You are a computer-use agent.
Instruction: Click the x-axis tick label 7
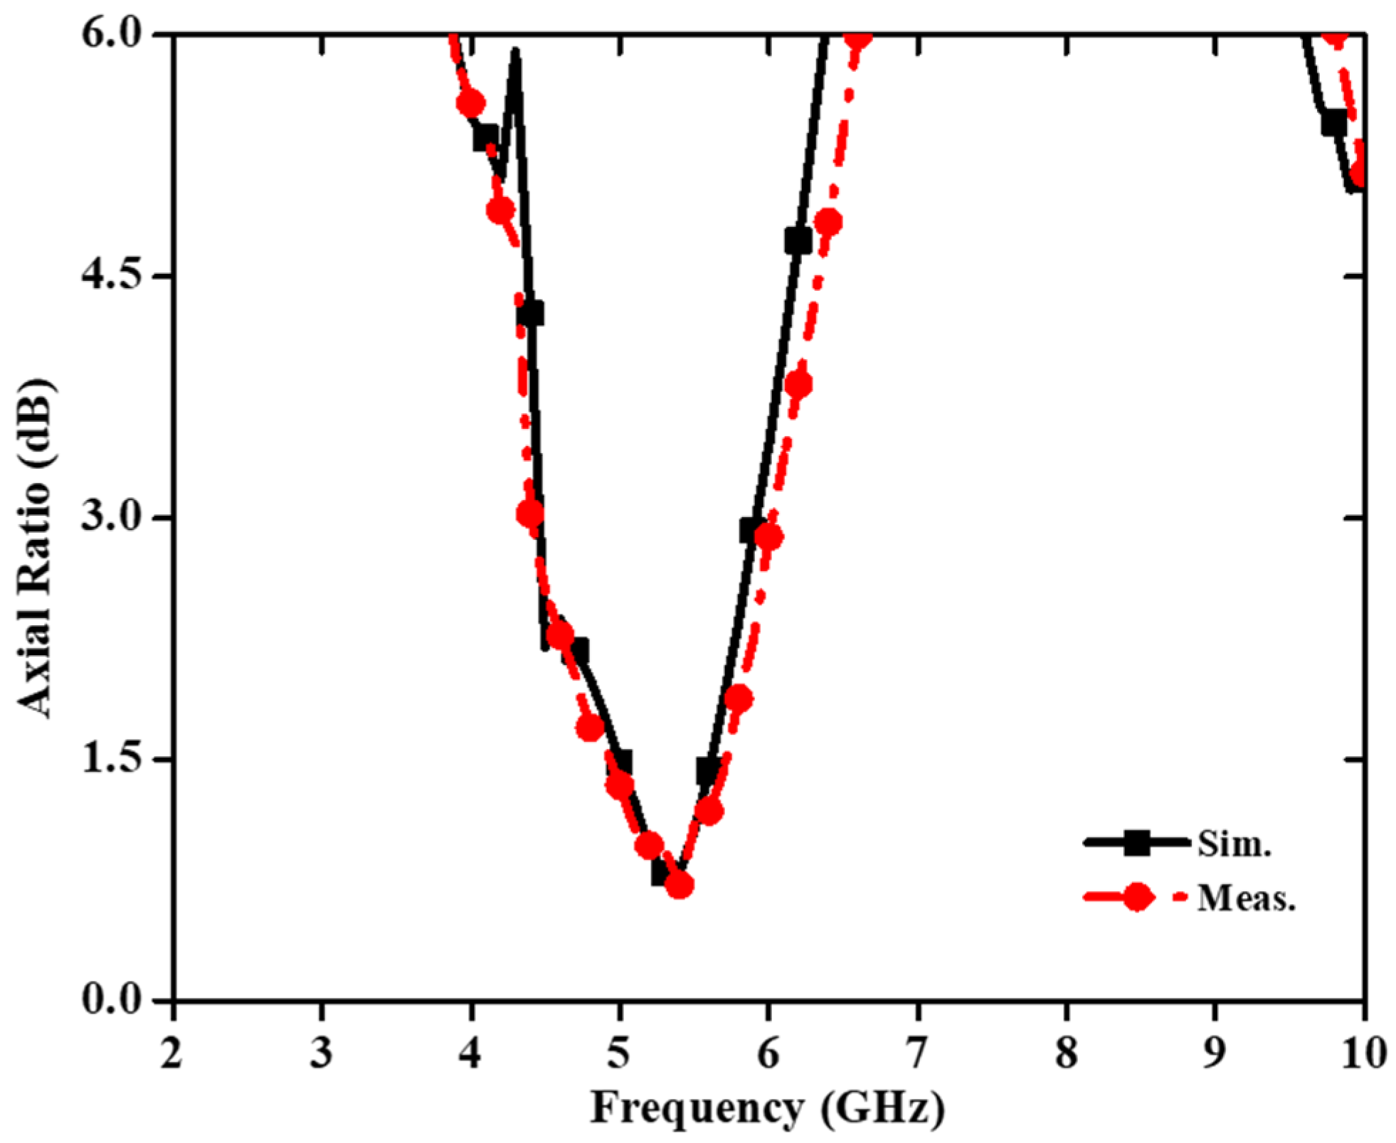pos(917,1053)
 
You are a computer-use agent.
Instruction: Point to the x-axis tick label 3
pos(322,1053)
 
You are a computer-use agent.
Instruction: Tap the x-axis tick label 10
pos(1363,1053)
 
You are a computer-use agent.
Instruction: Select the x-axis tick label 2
pos(171,1053)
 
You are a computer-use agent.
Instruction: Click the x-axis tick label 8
pos(1066,1053)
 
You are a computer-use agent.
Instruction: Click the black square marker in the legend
pos(1137,843)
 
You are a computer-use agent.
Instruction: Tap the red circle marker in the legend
pos(1137,898)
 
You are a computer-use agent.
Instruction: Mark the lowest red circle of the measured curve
pos(680,886)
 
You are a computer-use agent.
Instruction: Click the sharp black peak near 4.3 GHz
pos(514,53)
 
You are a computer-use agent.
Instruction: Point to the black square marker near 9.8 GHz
pos(1334,124)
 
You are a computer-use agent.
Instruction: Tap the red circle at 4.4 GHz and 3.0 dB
pos(530,514)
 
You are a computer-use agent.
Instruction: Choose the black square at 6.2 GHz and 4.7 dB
pos(798,241)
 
